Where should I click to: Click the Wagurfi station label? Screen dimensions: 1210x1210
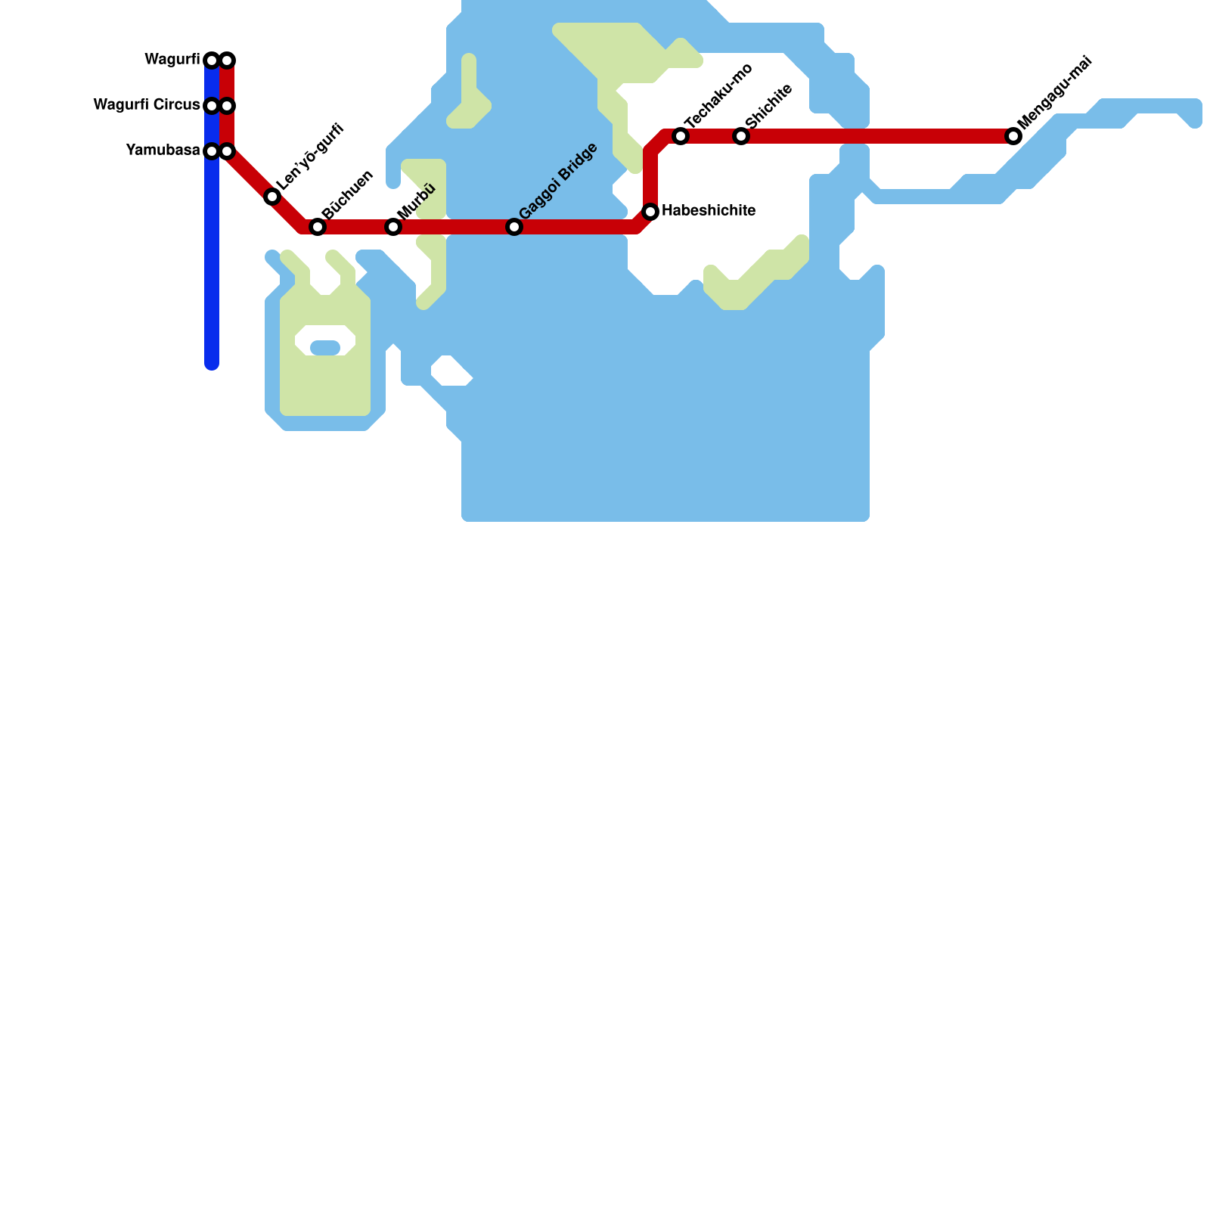pyautogui.click(x=172, y=60)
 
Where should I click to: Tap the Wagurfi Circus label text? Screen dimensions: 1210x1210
pyautogui.click(x=147, y=105)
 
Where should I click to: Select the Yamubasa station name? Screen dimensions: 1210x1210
pyautogui.click(x=163, y=150)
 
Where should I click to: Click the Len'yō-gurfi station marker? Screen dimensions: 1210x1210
pyautogui.click(x=272, y=197)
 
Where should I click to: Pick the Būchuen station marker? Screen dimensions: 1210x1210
pyautogui.click(x=318, y=227)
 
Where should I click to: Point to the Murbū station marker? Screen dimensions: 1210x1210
pyautogui.click(x=393, y=227)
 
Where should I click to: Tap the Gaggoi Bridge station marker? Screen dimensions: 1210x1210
pyautogui.click(x=514, y=227)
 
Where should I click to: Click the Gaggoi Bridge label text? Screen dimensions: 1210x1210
pyautogui.click(x=558, y=182)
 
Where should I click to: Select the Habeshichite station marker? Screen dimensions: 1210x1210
pyautogui.click(x=650, y=211)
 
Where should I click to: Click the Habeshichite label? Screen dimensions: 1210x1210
pyautogui.click(x=709, y=211)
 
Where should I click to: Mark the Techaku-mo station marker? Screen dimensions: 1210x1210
pyautogui.click(x=681, y=136)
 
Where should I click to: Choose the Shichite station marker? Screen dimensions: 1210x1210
pyautogui.click(x=741, y=136)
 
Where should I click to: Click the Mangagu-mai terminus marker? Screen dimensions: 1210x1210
pyautogui.click(x=1013, y=136)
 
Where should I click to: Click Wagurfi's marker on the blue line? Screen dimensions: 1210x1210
pyautogui.click(x=212, y=60)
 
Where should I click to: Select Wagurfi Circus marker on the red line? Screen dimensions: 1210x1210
pyautogui.click(x=227, y=105)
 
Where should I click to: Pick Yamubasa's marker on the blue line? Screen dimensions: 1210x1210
pyautogui.click(x=212, y=151)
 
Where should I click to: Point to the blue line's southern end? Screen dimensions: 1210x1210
pyautogui.click(x=212, y=365)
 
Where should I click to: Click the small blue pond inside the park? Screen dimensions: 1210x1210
pyautogui.click(x=325, y=348)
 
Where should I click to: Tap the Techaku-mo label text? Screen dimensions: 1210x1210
pyautogui.click(x=718, y=95)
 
